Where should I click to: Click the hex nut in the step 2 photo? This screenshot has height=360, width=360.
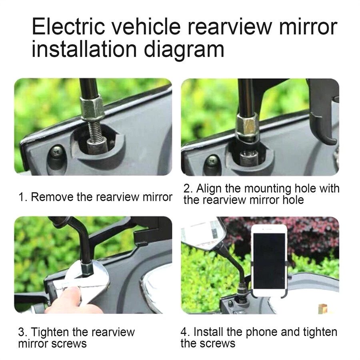click(x=247, y=125)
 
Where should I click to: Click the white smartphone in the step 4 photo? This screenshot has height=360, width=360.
click(x=269, y=260)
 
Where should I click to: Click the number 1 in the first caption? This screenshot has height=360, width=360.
click(x=21, y=197)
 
